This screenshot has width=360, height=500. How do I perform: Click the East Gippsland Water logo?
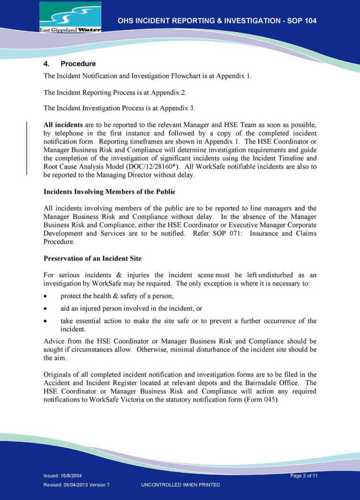(x=70, y=17)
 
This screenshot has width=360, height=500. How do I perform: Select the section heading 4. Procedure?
(x=69, y=64)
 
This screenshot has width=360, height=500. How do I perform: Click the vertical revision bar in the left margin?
(x=27, y=148)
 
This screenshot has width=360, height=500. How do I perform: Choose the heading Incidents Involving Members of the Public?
(x=110, y=192)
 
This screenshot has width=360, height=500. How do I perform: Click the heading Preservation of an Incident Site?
(x=92, y=259)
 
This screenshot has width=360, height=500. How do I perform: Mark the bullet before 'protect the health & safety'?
(x=45, y=297)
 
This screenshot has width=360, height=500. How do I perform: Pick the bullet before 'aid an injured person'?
(x=45, y=309)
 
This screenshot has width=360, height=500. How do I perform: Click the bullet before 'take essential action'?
(x=45, y=321)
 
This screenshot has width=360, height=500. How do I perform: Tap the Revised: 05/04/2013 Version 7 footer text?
(x=76, y=485)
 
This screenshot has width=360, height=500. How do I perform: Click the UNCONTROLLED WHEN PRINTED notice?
(x=180, y=485)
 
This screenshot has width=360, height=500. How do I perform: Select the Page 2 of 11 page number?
(x=304, y=476)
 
